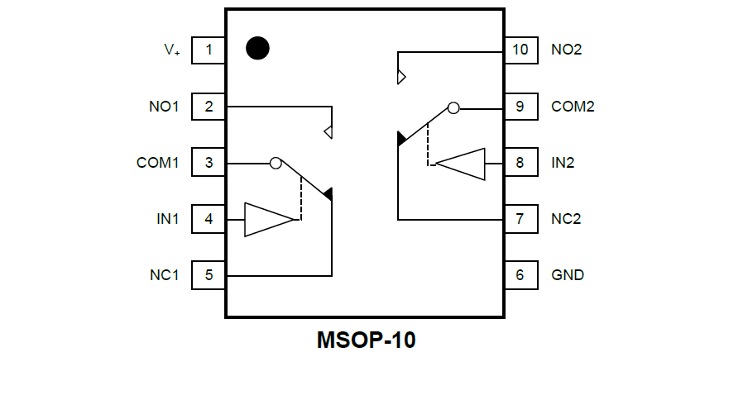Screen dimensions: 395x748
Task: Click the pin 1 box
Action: (209, 50)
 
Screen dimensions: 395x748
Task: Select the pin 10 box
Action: (520, 50)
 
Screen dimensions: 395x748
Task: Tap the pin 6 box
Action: (520, 275)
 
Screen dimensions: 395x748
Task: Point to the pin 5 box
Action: (209, 275)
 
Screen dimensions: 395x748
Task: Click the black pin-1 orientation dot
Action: (257, 48)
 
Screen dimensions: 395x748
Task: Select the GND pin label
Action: (567, 275)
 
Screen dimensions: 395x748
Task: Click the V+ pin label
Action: (171, 50)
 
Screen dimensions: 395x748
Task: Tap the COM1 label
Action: (157, 163)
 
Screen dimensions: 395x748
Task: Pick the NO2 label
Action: (566, 50)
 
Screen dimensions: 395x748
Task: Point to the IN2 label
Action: (563, 163)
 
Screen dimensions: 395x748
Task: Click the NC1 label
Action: (164, 275)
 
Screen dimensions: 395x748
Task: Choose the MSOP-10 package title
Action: (366, 340)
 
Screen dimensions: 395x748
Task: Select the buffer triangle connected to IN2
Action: (460, 164)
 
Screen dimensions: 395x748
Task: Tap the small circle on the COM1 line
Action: (276, 163)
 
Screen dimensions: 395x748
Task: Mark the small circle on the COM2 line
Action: (453, 107)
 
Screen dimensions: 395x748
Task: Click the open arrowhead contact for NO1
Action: (328, 132)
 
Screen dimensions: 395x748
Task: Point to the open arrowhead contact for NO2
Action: (401, 77)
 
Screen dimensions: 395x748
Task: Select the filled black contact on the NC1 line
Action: (328, 194)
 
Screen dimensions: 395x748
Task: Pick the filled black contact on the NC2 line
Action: (402, 138)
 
